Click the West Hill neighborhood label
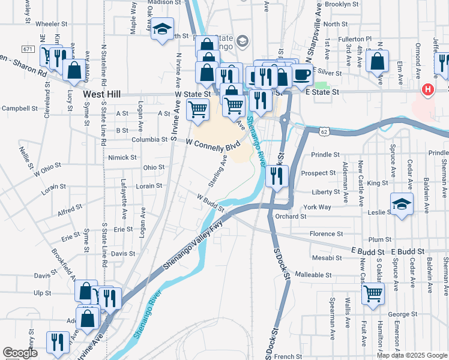(x=103, y=95)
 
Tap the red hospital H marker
(x=427, y=90)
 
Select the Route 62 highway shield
(x=325, y=130)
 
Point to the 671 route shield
(x=28, y=48)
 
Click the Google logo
(x=20, y=353)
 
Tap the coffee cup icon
(x=303, y=75)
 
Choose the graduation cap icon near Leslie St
(x=402, y=205)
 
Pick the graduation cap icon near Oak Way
(x=161, y=29)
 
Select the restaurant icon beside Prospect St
(x=276, y=175)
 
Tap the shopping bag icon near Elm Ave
(x=378, y=62)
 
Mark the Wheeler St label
(x=52, y=25)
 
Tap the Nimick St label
(x=122, y=157)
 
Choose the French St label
(x=288, y=356)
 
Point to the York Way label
(x=318, y=207)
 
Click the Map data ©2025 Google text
(x=412, y=355)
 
